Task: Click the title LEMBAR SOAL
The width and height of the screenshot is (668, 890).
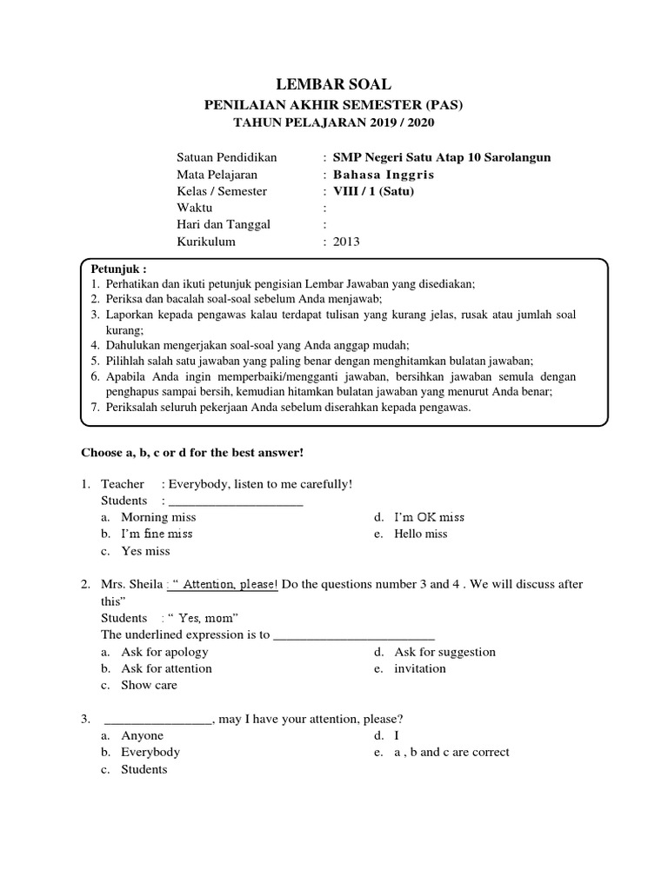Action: tap(333, 84)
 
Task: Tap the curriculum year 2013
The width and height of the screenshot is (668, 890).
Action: tap(345, 242)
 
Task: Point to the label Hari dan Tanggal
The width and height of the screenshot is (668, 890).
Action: tap(224, 224)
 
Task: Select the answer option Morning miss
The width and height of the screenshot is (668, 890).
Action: tap(158, 517)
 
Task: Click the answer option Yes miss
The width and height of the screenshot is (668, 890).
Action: tap(145, 551)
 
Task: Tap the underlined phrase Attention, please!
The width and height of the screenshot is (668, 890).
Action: tap(230, 585)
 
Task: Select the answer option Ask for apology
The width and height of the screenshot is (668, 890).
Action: tap(163, 652)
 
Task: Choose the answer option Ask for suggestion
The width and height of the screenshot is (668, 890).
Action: tap(444, 652)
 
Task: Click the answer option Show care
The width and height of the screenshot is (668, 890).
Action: tap(149, 685)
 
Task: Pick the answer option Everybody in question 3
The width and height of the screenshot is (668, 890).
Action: tap(150, 752)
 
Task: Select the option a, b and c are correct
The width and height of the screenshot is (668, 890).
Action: tap(451, 752)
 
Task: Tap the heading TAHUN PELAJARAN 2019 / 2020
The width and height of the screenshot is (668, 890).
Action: tap(333, 123)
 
